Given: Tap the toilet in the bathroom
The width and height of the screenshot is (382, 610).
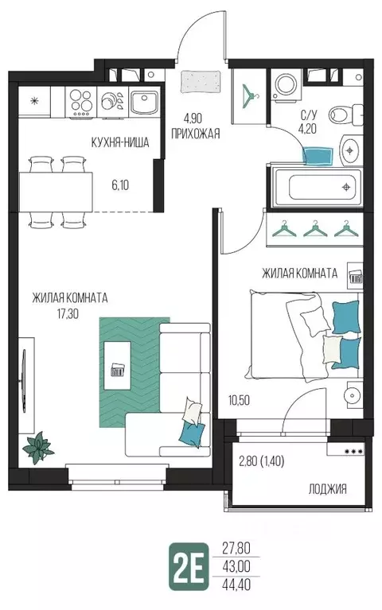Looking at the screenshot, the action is click(345, 115).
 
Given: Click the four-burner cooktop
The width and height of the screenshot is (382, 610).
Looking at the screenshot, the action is click(80, 102).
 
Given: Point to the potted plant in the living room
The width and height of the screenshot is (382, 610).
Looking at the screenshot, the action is click(38, 448).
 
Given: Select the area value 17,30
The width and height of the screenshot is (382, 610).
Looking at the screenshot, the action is click(68, 313).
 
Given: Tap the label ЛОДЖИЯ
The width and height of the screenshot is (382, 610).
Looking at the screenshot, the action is click(327, 489).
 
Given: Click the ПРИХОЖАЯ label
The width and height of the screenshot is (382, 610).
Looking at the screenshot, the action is click(196, 134).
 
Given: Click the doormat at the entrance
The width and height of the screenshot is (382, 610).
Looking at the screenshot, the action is click(201, 82).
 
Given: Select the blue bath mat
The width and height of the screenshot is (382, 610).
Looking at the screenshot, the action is click(318, 156).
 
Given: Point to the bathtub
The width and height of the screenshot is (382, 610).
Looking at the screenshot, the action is click(318, 187).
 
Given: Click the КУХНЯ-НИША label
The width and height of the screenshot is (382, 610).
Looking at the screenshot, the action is click(120, 142).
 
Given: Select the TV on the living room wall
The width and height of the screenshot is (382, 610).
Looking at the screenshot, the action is click(24, 381).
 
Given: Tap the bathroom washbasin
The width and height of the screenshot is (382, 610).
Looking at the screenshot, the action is click(350, 150).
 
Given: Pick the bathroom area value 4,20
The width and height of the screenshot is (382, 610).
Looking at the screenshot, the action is click(309, 128).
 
